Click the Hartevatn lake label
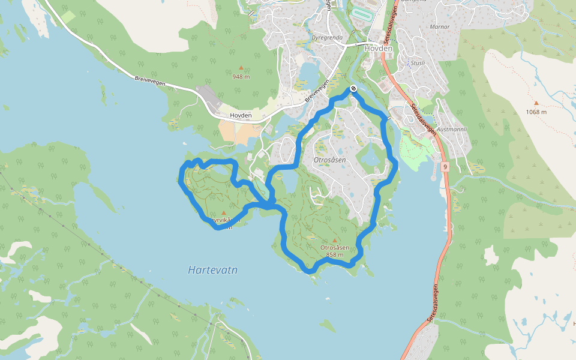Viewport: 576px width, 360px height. (212, 270)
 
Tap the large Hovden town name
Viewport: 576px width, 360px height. (378, 48)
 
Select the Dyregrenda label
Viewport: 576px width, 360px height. (327, 37)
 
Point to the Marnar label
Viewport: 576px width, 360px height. (440, 27)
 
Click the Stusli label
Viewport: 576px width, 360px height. (418, 62)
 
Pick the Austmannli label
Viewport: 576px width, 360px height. (452, 128)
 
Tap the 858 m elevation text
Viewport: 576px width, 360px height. (335, 254)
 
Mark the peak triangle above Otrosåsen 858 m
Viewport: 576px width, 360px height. (335, 240)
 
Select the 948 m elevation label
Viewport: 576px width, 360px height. (241, 76)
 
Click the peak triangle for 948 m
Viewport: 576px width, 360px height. (241, 68)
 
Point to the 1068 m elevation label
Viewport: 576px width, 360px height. (536, 112)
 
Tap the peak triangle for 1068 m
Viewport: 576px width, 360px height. (536, 103)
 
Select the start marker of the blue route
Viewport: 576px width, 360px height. (353, 89)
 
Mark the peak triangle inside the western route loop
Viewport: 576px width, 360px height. (224, 213)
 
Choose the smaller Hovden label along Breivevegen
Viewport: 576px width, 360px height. (241, 115)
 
